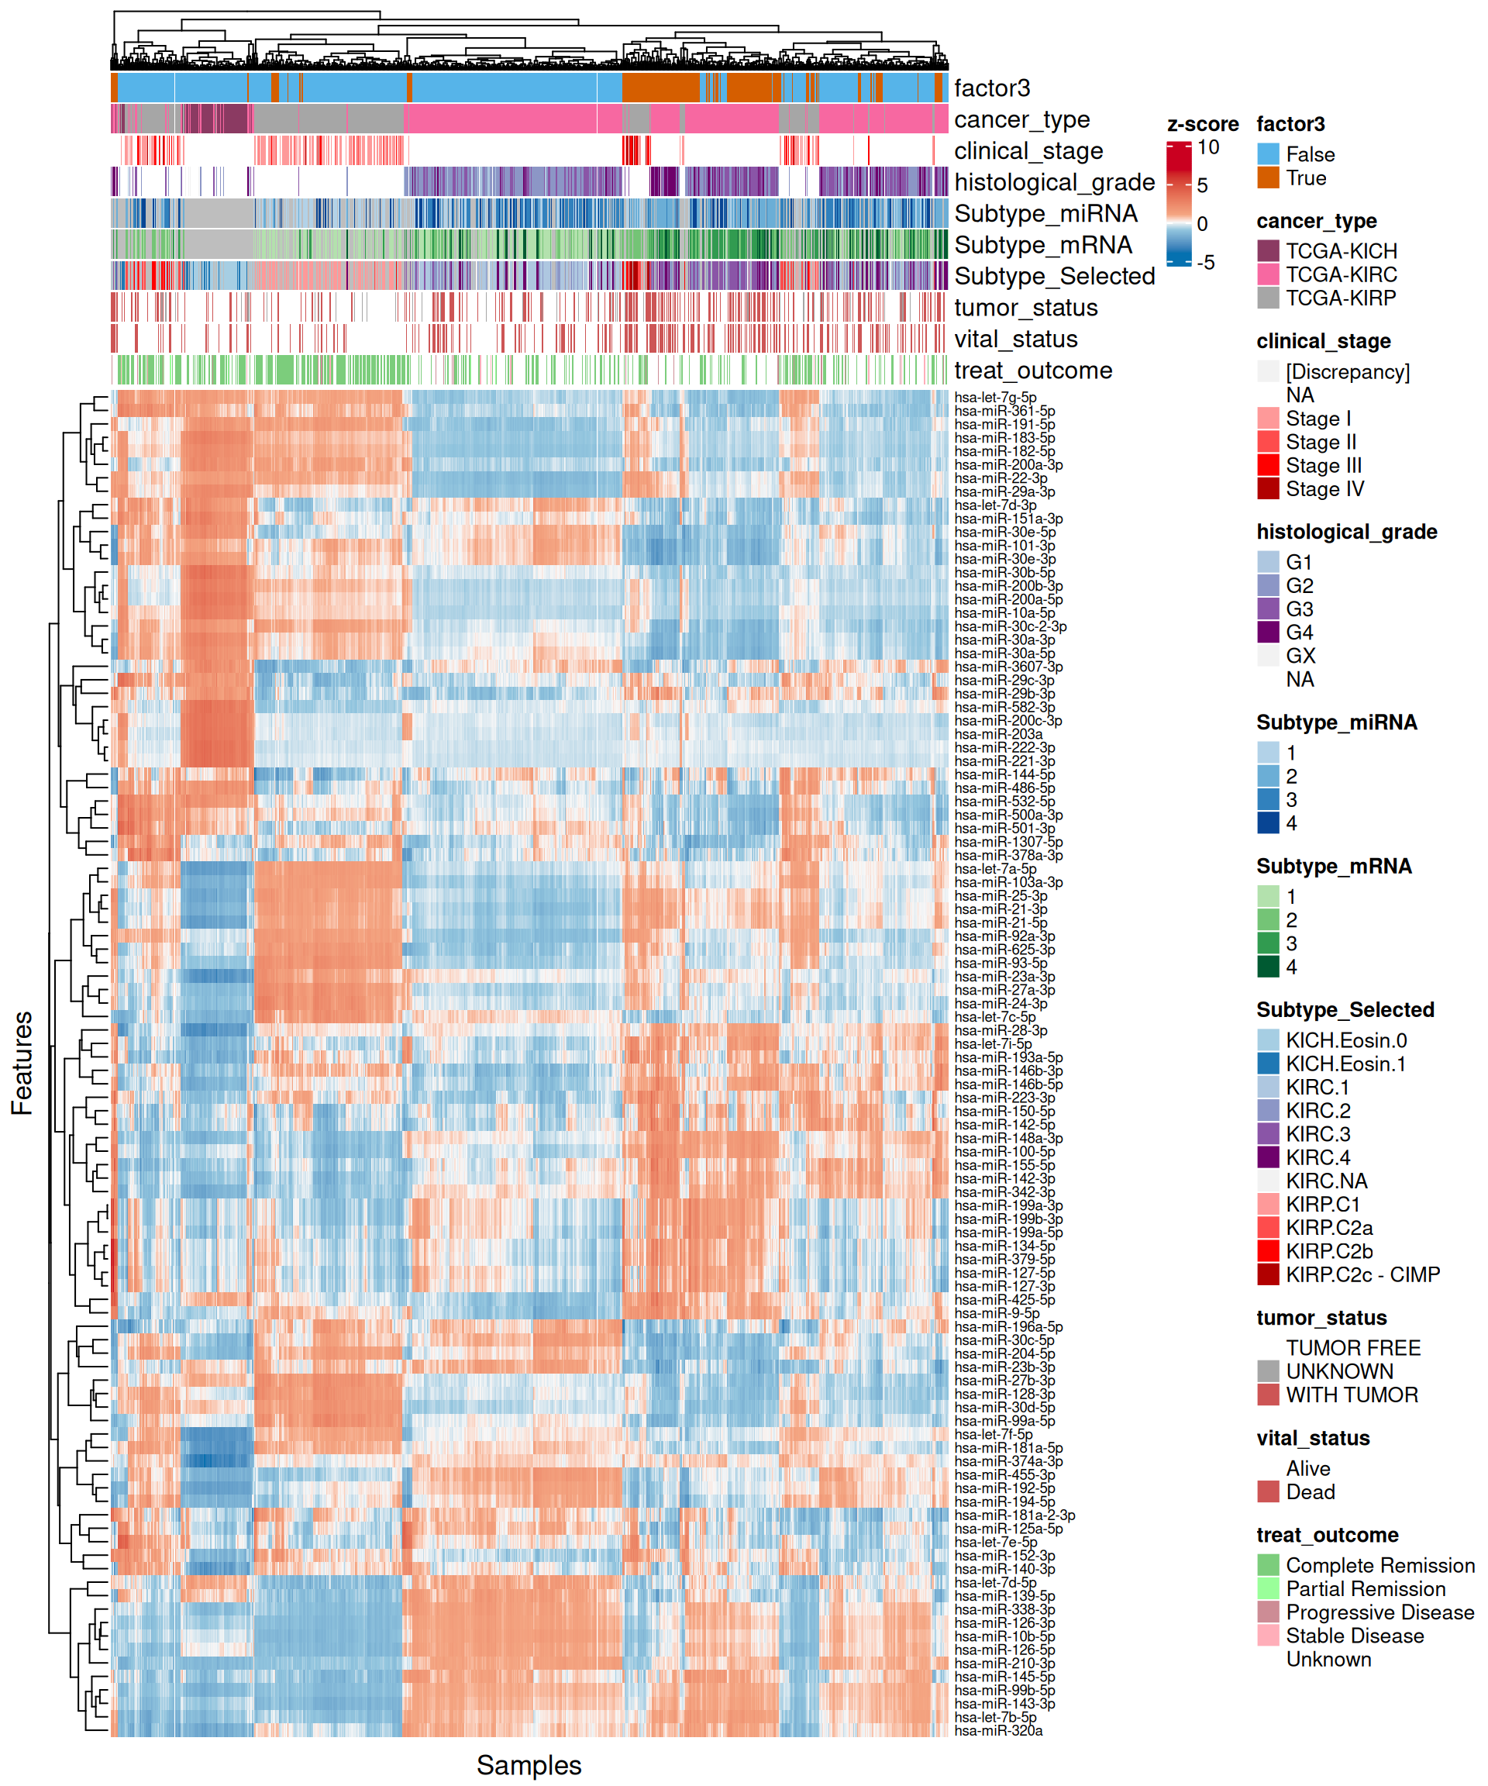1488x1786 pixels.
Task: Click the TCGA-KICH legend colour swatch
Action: click(1268, 251)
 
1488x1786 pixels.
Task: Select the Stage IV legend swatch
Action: click(1268, 489)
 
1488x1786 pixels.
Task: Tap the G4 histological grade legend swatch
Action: click(1268, 633)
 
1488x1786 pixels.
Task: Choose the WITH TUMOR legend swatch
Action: click(1268, 1395)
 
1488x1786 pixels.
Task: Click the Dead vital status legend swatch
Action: click(1268, 1492)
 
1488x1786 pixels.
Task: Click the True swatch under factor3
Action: click(1268, 178)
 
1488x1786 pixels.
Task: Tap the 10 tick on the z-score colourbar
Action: click(1207, 147)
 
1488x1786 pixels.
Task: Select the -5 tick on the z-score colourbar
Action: click(1206, 262)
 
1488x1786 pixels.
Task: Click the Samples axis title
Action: click(529, 1765)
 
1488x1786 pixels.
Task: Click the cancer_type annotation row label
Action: click(1021, 119)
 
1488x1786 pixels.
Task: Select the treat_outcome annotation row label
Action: click(1032, 371)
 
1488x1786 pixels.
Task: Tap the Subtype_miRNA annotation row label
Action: click(1045, 213)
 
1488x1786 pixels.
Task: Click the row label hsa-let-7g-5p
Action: click(995, 397)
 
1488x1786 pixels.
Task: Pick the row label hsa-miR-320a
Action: click(998, 1730)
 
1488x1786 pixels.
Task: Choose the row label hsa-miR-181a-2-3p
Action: click(1014, 1515)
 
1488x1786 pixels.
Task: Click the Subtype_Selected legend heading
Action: click(1345, 1009)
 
